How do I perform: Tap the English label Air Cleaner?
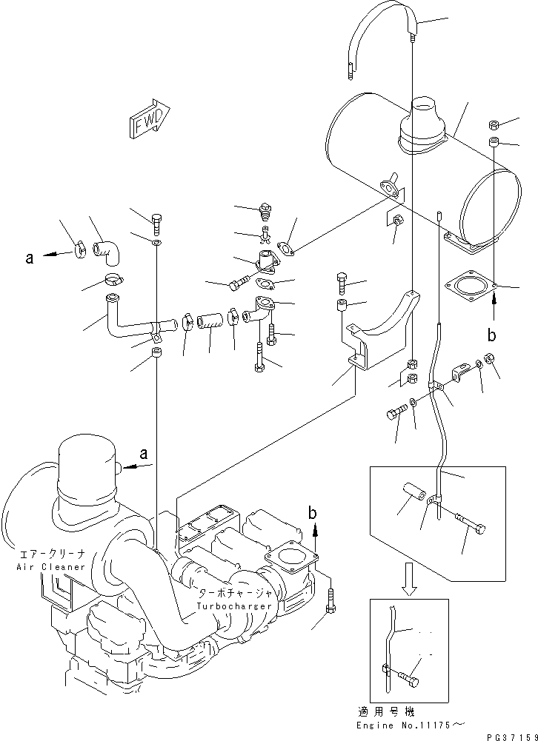coord(42,566)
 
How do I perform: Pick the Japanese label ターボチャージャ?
coord(233,594)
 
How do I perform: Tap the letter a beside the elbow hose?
coord(30,258)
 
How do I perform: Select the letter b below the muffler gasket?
coord(491,335)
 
